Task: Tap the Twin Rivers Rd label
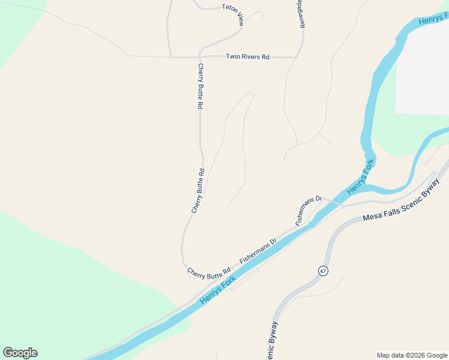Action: [247, 57]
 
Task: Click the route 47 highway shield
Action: [323, 271]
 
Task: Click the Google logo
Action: [20, 353]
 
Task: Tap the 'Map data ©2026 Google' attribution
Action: [412, 355]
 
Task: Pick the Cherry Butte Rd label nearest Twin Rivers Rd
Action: [200, 86]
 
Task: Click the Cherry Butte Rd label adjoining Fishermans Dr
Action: [209, 273]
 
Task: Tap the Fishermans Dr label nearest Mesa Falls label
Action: [309, 210]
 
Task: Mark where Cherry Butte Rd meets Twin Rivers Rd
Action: [199, 58]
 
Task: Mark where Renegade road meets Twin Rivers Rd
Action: [296, 58]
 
